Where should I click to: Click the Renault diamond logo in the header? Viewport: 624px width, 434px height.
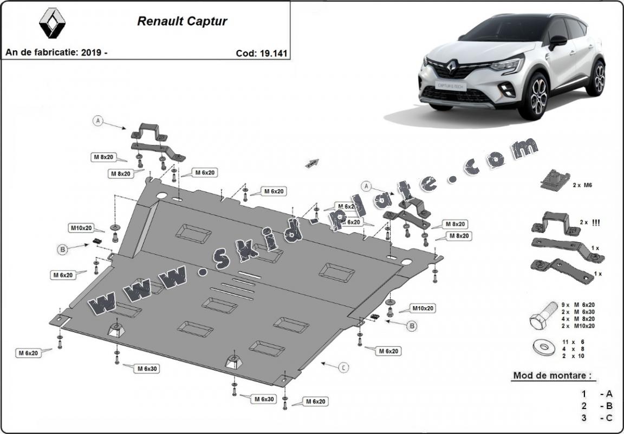coord(52,24)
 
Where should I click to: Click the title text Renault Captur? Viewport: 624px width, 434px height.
coord(182,22)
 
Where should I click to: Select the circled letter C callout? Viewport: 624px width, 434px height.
coord(343,367)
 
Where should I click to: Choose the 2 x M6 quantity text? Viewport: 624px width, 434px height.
coord(582,185)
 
